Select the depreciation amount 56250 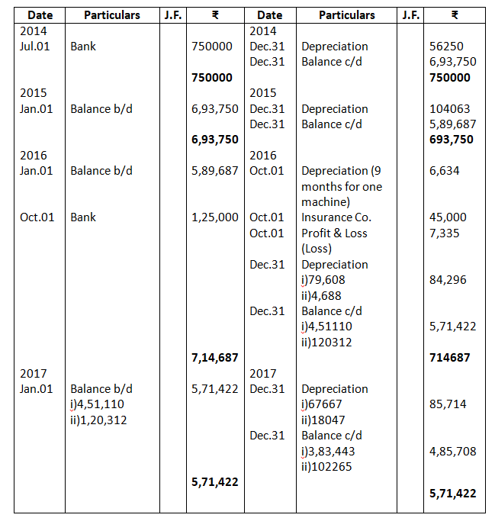point(446,47)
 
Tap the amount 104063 point(449,109)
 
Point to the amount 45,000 point(448,217)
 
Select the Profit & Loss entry point(334,233)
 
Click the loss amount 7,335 point(445,233)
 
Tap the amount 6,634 point(445,171)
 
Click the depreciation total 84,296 point(448,280)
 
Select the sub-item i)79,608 point(323,280)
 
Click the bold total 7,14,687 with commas point(214,358)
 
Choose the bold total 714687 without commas point(450,358)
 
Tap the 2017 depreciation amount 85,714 point(448,404)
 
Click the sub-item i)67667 point(321,404)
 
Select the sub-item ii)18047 point(323,420)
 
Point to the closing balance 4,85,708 point(452,451)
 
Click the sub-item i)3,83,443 point(327,451)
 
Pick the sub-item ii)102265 point(326,467)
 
